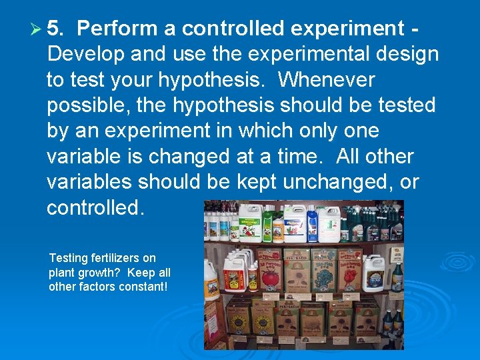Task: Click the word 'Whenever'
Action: (x=327, y=80)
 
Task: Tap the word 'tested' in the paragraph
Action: (x=405, y=105)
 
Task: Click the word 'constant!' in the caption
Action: (x=141, y=287)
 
